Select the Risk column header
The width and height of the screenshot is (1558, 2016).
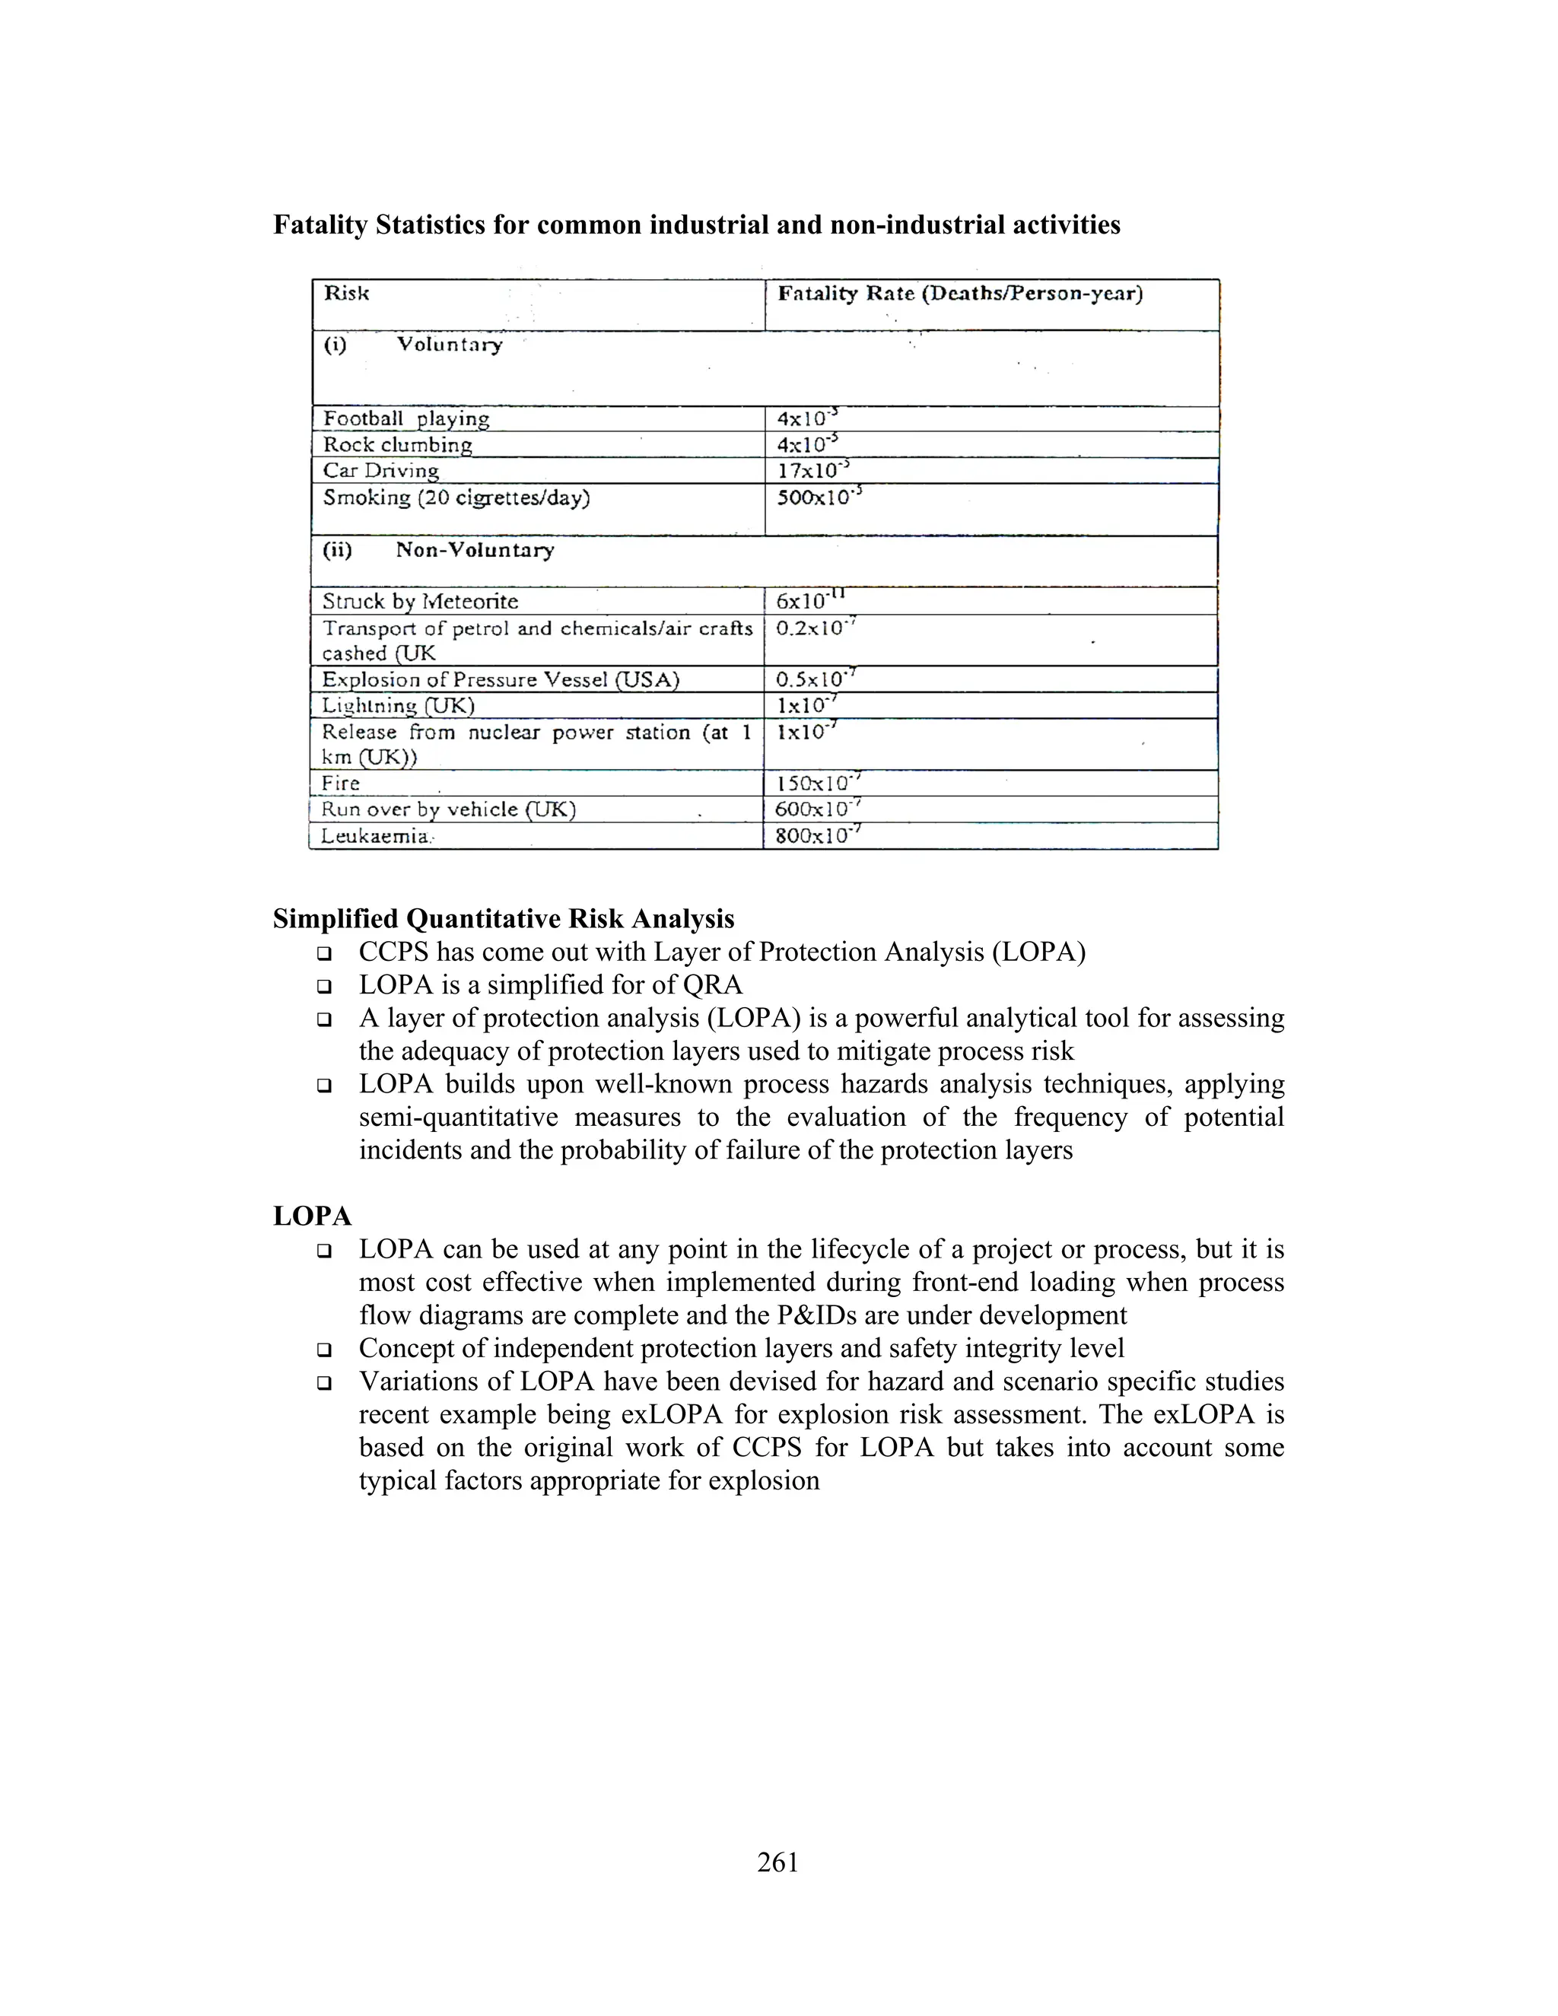(x=346, y=294)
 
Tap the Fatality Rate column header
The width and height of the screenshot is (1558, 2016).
(x=960, y=294)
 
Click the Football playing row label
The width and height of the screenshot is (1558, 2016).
(x=406, y=419)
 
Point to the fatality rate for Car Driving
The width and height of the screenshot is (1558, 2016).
(x=812, y=471)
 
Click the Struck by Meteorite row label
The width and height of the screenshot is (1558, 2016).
(x=420, y=602)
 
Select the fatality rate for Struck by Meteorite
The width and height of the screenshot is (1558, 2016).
(x=810, y=601)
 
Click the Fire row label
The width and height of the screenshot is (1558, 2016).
(x=341, y=784)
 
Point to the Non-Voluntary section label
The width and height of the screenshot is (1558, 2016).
(x=475, y=550)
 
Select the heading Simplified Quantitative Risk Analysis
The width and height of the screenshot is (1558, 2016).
(x=503, y=920)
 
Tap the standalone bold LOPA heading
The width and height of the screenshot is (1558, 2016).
(x=312, y=1216)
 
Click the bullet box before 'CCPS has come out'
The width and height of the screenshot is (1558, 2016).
(x=324, y=952)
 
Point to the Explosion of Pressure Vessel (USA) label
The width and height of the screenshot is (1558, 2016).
(x=501, y=680)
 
